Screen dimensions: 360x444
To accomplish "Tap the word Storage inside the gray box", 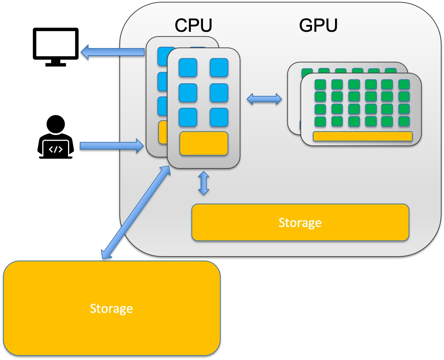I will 300,223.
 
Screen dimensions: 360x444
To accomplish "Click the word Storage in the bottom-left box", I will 111,308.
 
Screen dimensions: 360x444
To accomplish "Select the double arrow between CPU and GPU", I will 264,99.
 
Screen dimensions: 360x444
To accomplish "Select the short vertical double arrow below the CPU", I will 203,183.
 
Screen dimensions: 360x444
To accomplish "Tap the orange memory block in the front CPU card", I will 204,143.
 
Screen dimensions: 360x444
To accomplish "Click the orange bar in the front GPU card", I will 362,136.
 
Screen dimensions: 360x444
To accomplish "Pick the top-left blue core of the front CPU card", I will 188,68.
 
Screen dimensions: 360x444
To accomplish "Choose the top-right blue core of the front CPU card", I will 219,68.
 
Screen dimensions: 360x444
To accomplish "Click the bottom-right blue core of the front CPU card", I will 219,117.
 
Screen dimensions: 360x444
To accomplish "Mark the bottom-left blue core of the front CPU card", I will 188,117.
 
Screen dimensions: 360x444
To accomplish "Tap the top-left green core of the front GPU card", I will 320,84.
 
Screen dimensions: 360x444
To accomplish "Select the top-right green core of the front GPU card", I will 404,84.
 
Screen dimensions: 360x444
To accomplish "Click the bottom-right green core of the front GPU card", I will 404,121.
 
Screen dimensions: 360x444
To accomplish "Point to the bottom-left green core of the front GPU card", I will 320,121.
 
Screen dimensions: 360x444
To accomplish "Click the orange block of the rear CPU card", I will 163,132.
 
